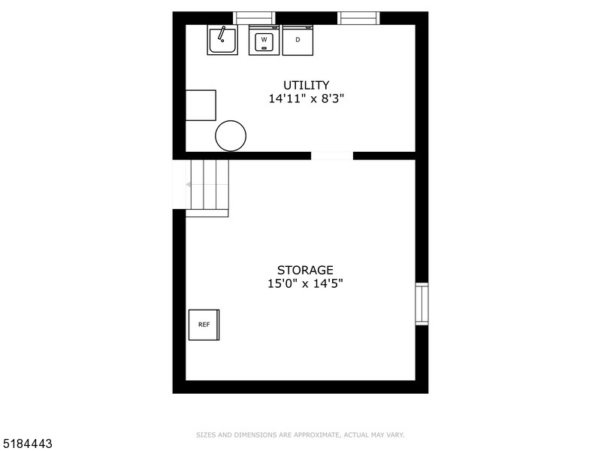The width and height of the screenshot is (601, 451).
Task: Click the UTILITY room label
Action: (306, 85)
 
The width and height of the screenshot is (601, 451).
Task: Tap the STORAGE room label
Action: (305, 270)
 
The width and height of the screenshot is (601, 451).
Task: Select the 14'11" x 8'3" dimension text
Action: (307, 98)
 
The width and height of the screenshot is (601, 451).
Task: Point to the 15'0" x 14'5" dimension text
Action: (305, 283)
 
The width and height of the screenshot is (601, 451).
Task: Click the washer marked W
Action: (264, 40)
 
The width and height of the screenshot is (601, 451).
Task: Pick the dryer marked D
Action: (297, 40)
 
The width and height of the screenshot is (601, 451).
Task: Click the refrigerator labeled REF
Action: (204, 325)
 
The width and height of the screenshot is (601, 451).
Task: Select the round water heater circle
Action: (231, 136)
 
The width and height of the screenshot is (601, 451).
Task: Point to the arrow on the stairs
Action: (189, 183)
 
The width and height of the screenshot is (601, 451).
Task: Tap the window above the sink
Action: (255, 18)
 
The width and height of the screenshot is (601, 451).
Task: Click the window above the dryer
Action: (358, 18)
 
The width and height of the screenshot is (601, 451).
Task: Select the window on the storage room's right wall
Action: (422, 304)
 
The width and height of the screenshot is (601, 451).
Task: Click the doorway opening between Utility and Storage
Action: (332, 156)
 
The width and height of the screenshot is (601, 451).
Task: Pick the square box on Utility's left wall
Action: (201, 105)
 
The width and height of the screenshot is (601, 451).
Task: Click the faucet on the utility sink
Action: (222, 32)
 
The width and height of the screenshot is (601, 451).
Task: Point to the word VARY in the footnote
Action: (396, 434)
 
